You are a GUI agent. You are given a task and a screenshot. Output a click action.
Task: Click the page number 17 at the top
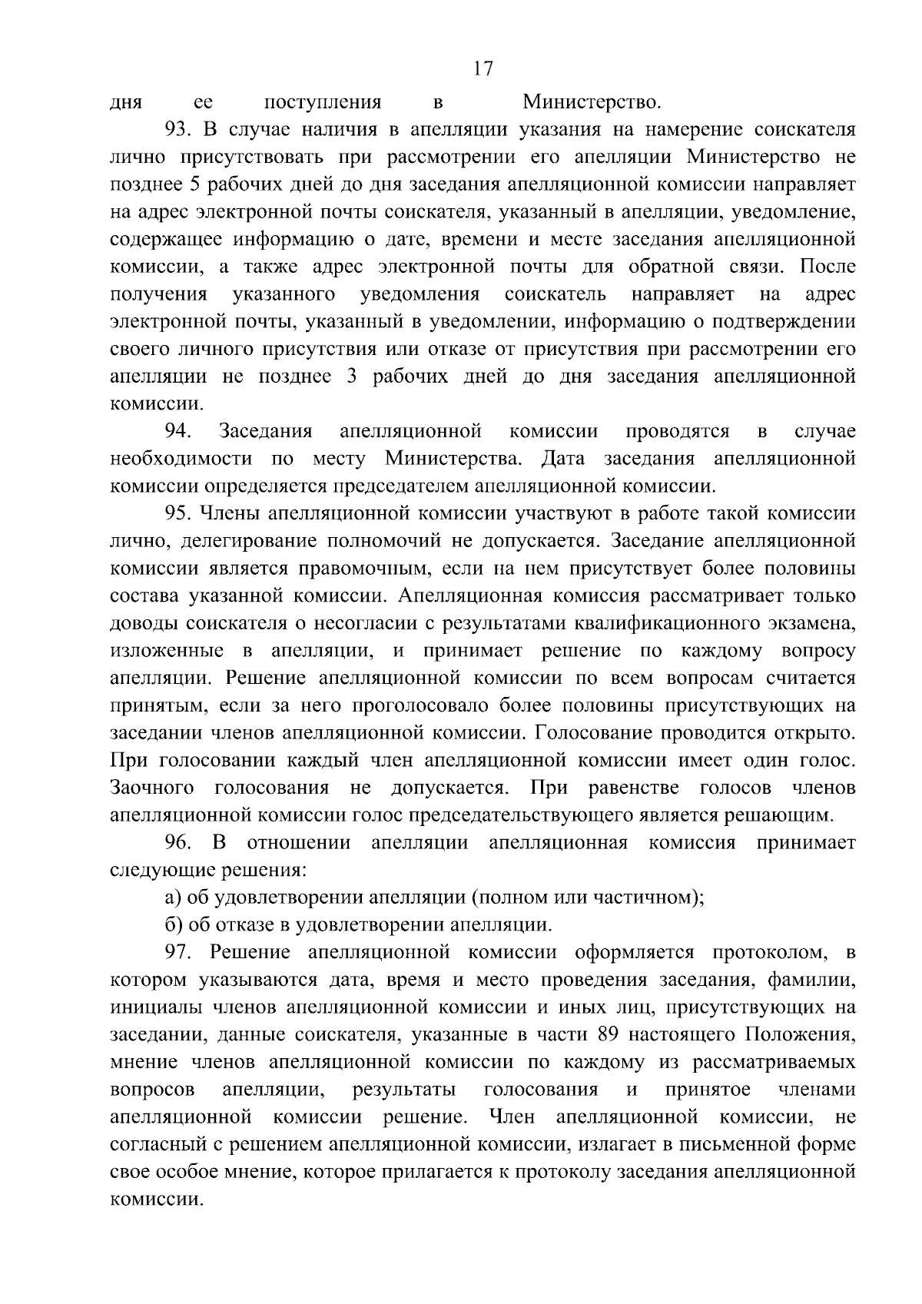(x=482, y=69)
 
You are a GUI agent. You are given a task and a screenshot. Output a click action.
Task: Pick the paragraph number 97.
(x=177, y=953)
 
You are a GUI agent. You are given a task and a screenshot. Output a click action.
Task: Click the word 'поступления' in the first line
(x=323, y=102)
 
